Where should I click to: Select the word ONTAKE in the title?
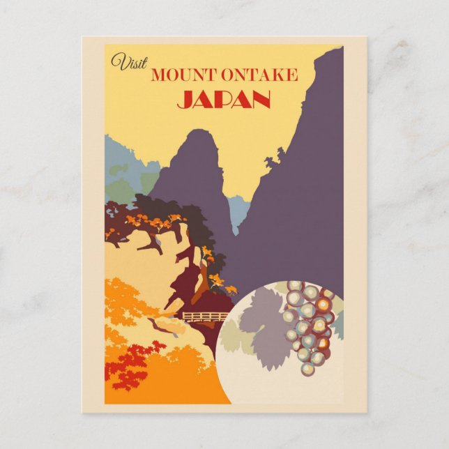(260, 75)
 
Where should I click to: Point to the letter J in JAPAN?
(183, 100)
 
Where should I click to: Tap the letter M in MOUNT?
(158, 75)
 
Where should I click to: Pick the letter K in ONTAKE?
(277, 75)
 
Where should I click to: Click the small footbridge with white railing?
(204, 317)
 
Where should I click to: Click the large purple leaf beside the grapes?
(262, 326)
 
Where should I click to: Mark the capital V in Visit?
(116, 61)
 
